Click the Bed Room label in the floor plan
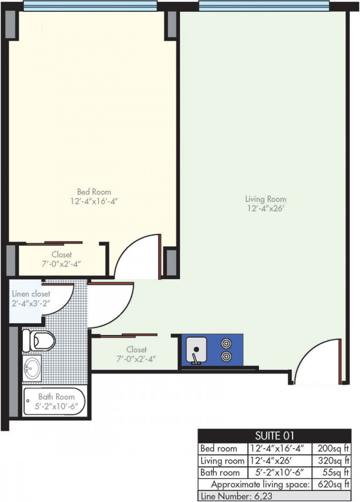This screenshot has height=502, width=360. (94, 192)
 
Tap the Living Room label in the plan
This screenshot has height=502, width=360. (265, 199)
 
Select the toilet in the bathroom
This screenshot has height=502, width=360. (38, 340)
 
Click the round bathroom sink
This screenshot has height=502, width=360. (32, 368)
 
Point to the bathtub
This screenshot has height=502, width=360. (54, 401)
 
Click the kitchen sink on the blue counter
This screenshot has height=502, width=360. (196, 350)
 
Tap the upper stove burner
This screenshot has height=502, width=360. (226, 344)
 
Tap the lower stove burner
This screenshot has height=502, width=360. (226, 356)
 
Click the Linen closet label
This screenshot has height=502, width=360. (31, 294)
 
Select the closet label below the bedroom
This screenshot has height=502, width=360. (61, 255)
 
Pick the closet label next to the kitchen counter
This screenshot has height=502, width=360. (136, 350)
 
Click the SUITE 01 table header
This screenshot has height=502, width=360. (274, 436)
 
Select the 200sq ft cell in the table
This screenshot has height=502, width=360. (332, 448)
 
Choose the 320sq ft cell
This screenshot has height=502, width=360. (332, 460)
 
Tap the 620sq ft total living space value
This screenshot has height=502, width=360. (332, 484)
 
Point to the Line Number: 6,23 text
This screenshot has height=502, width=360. (236, 496)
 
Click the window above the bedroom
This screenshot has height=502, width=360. (90, 6)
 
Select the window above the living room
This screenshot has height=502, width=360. (264, 6)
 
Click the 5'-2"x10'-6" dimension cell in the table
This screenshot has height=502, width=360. (279, 472)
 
